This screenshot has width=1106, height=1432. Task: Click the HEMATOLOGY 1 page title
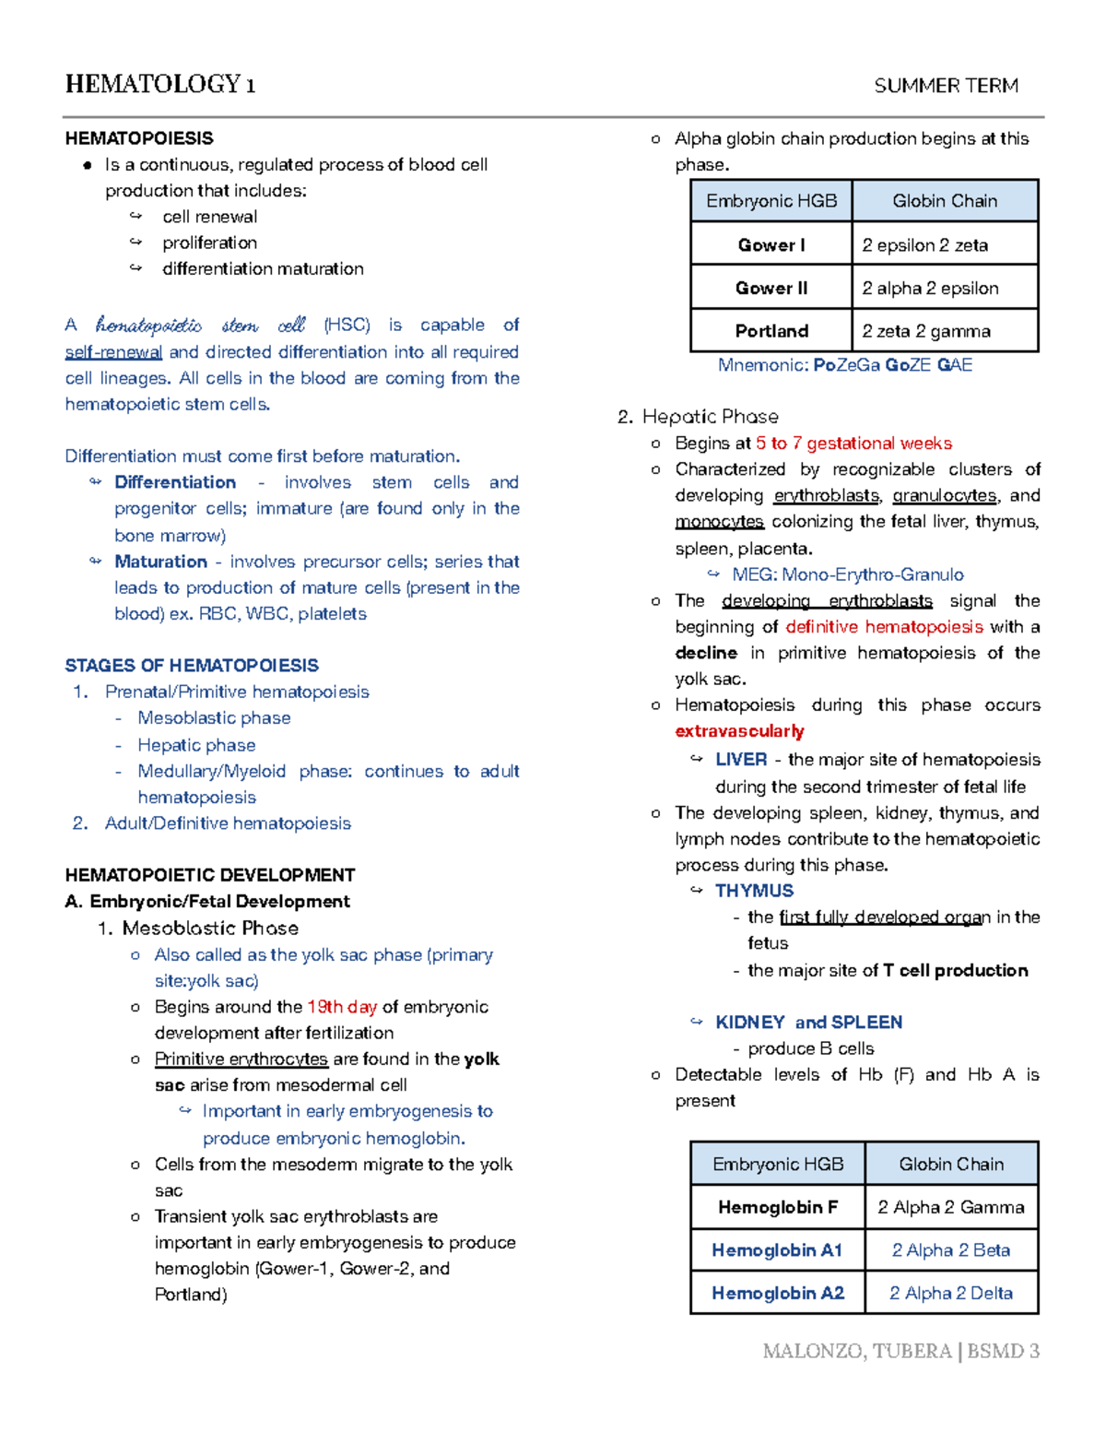pos(160,85)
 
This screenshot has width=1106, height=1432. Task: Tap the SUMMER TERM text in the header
pos(946,86)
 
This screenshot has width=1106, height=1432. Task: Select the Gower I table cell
pos(771,245)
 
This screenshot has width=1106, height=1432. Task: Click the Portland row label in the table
pos(771,331)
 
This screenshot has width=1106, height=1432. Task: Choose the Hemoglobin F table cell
pos(777,1207)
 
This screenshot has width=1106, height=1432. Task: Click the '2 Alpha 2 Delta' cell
pos(950,1293)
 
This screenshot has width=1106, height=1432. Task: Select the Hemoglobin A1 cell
pos(777,1250)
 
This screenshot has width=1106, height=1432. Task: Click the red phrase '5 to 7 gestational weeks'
pos(853,444)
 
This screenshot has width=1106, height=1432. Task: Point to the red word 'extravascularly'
pos(739,731)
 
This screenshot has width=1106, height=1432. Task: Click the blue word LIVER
pos(741,760)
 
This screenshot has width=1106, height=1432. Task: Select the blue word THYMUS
pos(754,891)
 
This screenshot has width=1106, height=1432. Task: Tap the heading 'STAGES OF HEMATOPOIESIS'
pos(192,666)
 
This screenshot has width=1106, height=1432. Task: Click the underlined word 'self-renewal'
pos(113,352)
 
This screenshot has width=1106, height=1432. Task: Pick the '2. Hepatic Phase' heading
pos(698,417)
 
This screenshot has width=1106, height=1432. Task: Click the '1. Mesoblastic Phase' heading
pos(197,929)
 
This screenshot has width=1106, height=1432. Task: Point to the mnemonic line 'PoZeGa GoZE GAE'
pos(844,365)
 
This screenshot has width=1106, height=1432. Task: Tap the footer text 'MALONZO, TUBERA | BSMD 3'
pos(900,1352)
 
